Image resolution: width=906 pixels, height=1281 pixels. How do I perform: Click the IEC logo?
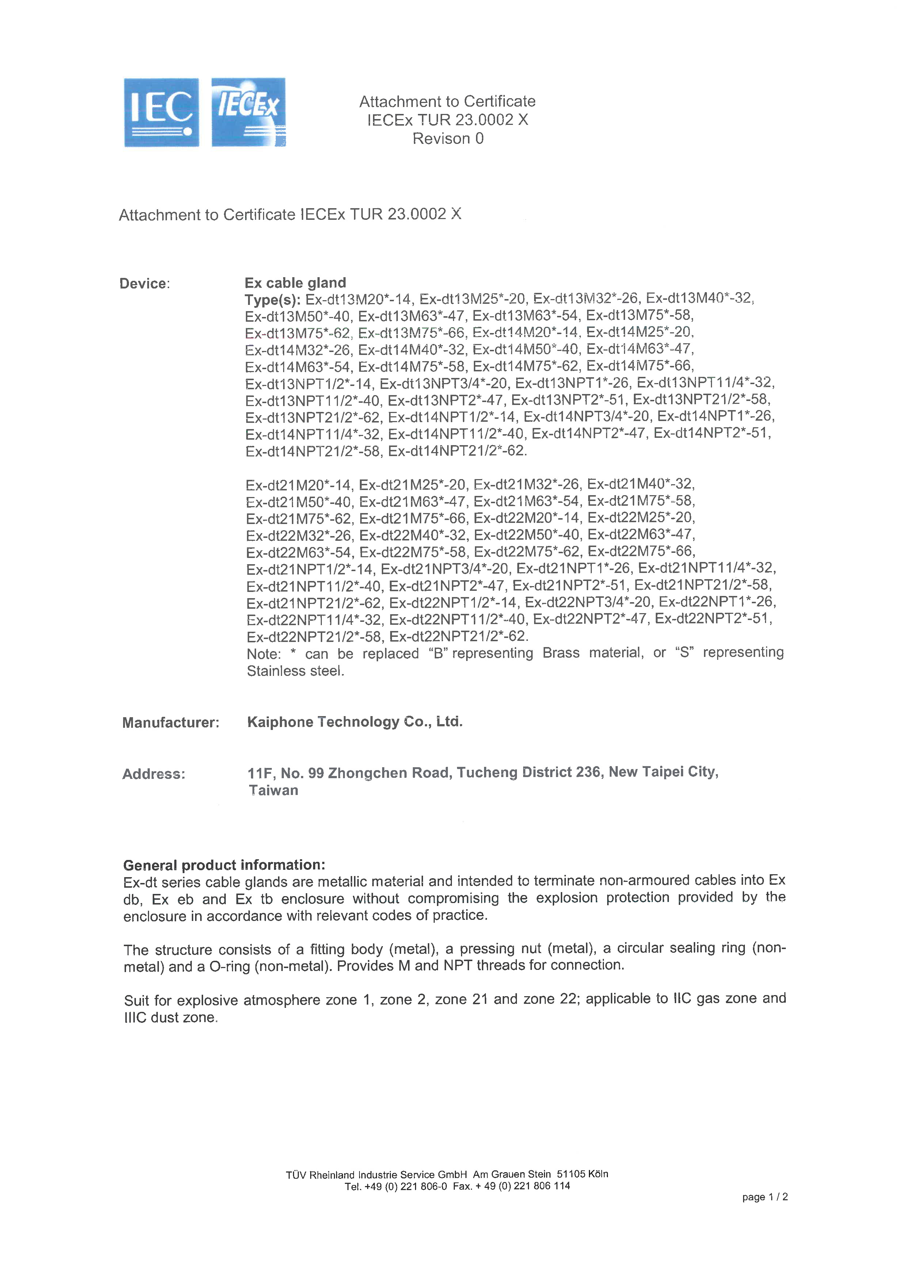pyautogui.click(x=161, y=113)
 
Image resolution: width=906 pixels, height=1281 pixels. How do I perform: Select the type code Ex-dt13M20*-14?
pyautogui.click(x=357, y=299)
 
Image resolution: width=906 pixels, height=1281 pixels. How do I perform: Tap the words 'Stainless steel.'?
pyautogui.click(x=295, y=671)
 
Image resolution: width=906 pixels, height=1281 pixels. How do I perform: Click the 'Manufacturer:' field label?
pyautogui.click(x=171, y=723)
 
